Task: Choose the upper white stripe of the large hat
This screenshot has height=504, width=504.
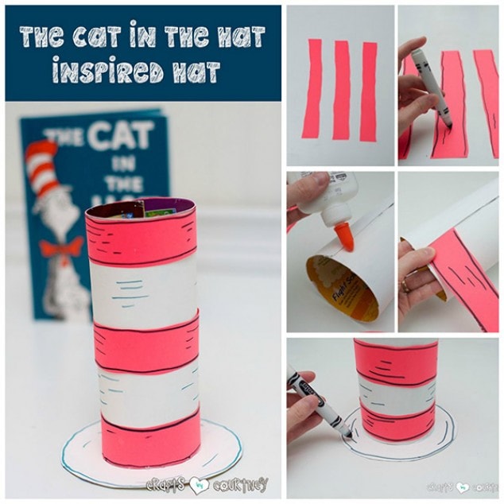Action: (143, 291)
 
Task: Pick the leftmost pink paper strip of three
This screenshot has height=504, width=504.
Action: (312, 87)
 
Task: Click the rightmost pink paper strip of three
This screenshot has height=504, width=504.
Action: (368, 91)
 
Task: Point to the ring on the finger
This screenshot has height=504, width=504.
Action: (406, 283)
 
